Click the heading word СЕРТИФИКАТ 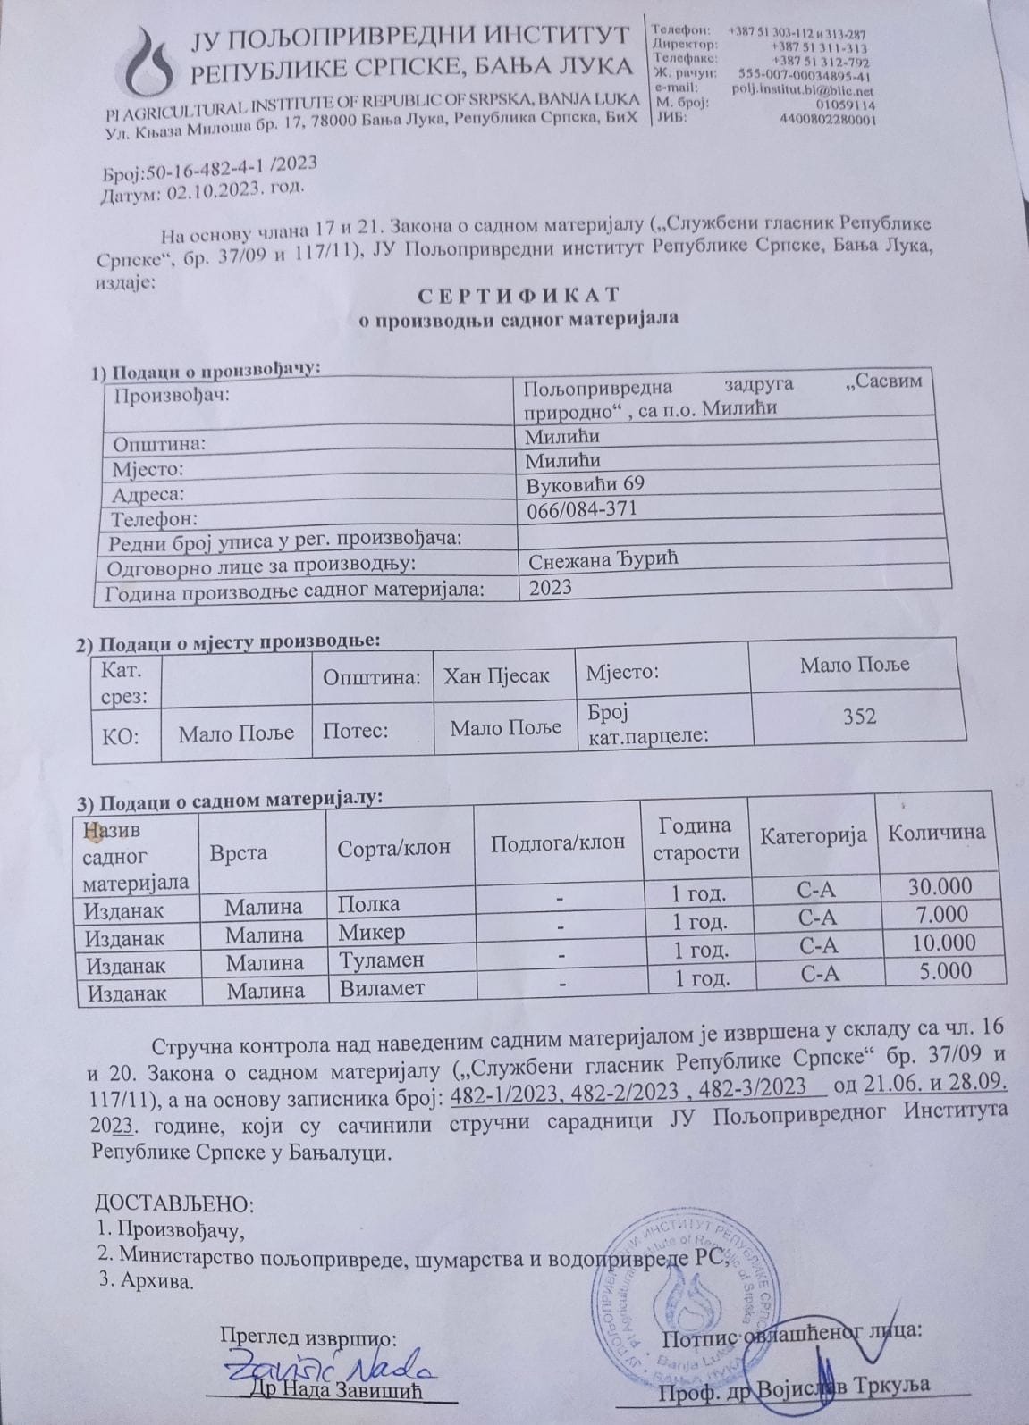pos(518,295)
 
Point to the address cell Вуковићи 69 pos(586,483)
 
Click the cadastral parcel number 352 pos(858,716)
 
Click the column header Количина pos(936,833)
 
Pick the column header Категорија pos(814,835)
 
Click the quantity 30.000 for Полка pos(940,886)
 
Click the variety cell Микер pos(371,933)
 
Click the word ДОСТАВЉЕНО pos(175,1203)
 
